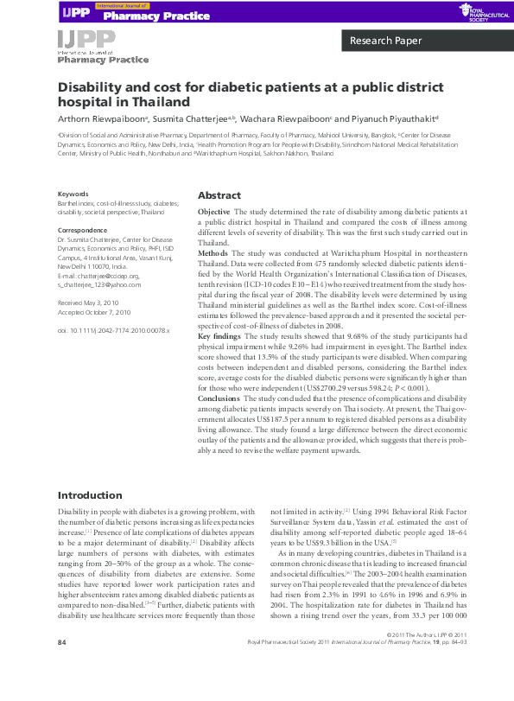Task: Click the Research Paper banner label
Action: click(x=385, y=41)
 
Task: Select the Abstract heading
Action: click(x=219, y=195)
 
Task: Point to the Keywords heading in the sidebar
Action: click(x=73, y=194)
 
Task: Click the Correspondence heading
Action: click(x=81, y=230)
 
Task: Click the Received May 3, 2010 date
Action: click(x=87, y=303)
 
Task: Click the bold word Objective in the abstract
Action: click(x=214, y=212)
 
